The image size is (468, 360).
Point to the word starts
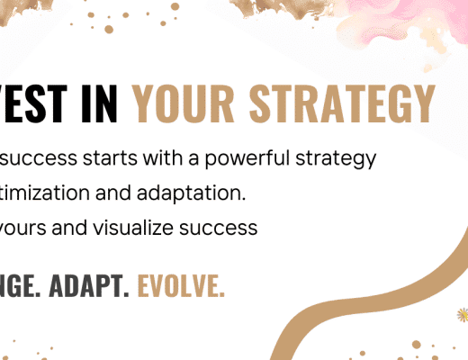(x=104, y=159)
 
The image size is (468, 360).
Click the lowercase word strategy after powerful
(x=337, y=160)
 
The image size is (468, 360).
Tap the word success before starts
(x=39, y=159)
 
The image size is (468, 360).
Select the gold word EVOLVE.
(x=181, y=287)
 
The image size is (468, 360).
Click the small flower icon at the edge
(x=463, y=314)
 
